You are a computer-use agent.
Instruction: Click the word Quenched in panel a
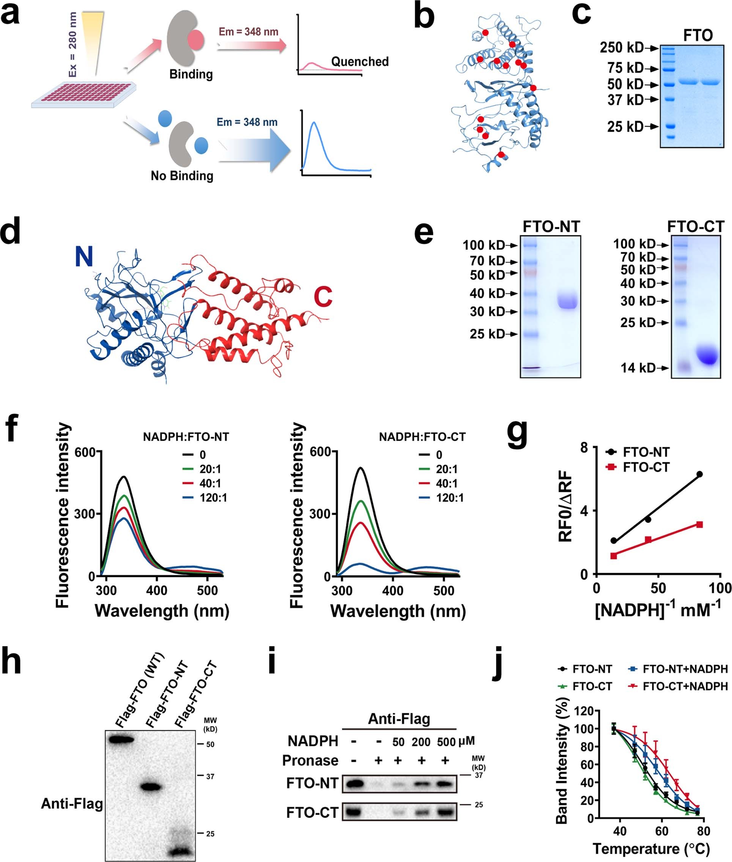tap(359, 61)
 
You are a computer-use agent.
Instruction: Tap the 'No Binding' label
tap(182, 176)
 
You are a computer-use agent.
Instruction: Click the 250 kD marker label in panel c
tap(621, 48)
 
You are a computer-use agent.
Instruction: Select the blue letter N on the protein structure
tap(84, 257)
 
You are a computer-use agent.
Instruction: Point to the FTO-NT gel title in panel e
tap(551, 227)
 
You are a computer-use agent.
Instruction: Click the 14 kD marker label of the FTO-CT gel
tap(638, 368)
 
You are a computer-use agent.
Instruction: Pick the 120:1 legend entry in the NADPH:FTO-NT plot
tap(213, 498)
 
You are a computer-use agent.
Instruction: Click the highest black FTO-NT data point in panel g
tap(699, 474)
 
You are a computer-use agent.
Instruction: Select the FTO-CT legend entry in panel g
tap(646, 467)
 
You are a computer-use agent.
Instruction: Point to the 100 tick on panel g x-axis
tap(719, 588)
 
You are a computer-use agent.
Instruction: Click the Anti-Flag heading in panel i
tap(399, 719)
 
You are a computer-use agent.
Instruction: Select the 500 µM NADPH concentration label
tap(447, 742)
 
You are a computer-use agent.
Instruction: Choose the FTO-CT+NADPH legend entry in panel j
tap(685, 686)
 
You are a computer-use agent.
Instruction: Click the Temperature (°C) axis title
tap(651, 849)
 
